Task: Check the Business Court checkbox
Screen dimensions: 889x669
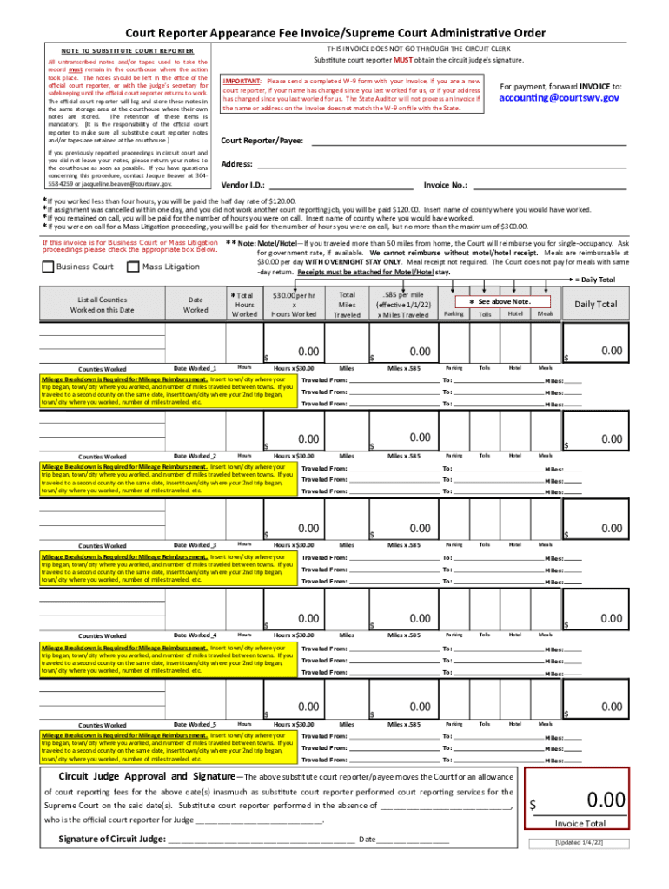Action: pyautogui.click(x=48, y=267)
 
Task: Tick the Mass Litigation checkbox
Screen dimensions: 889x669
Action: pyautogui.click(x=134, y=267)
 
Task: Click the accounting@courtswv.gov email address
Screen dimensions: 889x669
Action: pyautogui.click(x=560, y=98)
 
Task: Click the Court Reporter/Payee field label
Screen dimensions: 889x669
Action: pyautogui.click(x=262, y=140)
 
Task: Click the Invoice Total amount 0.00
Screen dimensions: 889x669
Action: pyautogui.click(x=606, y=799)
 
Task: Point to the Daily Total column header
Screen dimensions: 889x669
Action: pyautogui.click(x=595, y=304)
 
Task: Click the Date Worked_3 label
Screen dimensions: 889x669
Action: pyautogui.click(x=195, y=545)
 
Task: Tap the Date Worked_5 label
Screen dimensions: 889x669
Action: pyautogui.click(x=195, y=724)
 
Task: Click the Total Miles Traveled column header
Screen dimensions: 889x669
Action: pyautogui.click(x=347, y=305)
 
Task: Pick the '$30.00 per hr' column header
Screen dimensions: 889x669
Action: pyautogui.click(x=293, y=305)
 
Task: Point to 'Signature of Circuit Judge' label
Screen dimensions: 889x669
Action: pyautogui.click(x=111, y=839)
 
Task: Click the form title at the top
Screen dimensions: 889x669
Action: pyautogui.click(x=334, y=33)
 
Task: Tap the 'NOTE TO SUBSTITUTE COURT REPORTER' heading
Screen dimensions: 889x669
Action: pyautogui.click(x=127, y=50)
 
